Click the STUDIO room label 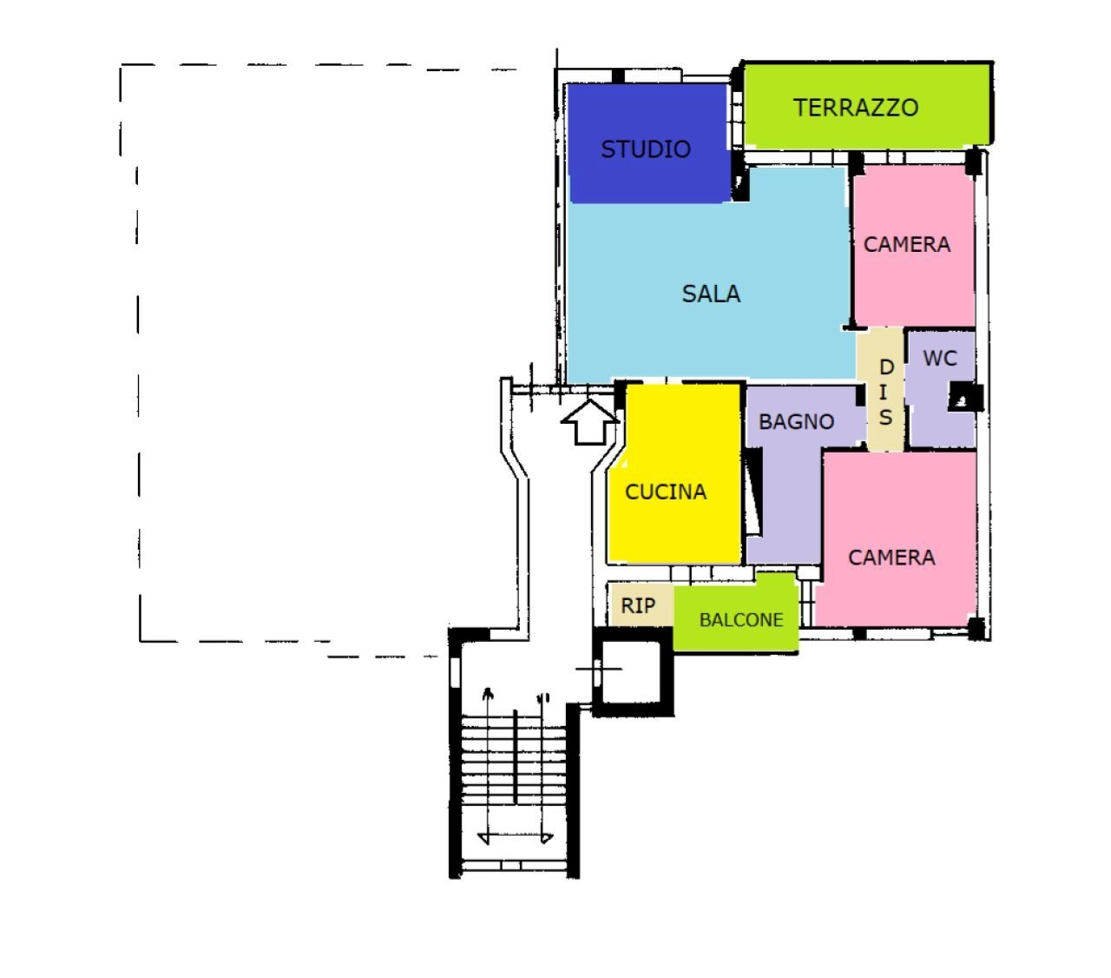[x=646, y=149]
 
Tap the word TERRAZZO [x=856, y=108]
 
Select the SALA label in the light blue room [x=711, y=294]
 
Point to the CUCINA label [x=665, y=492]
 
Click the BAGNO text [x=796, y=421]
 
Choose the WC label [x=940, y=359]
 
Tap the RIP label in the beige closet [x=638, y=606]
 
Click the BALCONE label [x=741, y=619]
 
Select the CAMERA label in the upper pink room [x=906, y=244]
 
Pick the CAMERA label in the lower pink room [x=891, y=558]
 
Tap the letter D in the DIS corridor [x=887, y=367]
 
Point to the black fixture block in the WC [x=966, y=397]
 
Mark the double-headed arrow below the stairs [x=515, y=838]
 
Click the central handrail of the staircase [x=515, y=757]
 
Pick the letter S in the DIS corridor [x=885, y=417]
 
